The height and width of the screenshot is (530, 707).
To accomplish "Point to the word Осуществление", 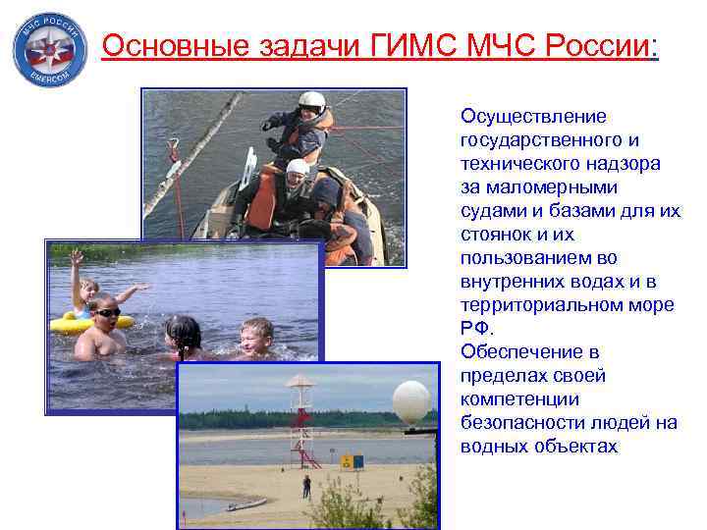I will (x=533, y=117).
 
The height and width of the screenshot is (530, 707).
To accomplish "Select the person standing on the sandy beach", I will (x=306, y=485).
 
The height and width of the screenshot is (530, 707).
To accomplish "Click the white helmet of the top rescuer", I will (x=311, y=101).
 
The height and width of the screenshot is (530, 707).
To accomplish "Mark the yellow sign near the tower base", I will (x=346, y=460).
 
